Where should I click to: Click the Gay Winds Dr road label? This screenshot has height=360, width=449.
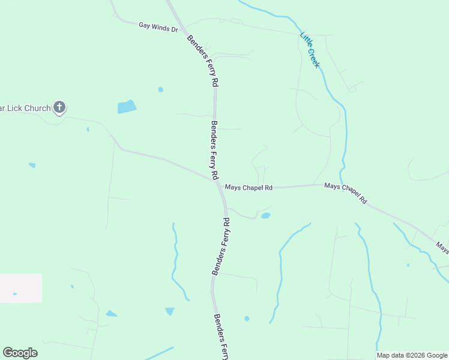tap(158, 26)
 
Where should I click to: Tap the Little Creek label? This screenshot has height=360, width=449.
tap(310, 50)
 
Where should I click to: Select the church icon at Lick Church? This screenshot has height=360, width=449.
tap(59, 107)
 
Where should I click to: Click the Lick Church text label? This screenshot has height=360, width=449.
tap(25, 109)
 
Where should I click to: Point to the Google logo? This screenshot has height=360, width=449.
tap(20, 352)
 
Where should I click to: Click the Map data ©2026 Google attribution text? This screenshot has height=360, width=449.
tap(412, 355)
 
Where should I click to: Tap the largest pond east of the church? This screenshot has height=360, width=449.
tap(127, 107)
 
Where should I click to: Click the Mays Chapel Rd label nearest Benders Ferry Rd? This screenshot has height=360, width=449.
tap(249, 188)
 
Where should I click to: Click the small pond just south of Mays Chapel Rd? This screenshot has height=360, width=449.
tap(265, 215)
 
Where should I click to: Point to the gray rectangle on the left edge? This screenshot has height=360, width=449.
tap(20, 288)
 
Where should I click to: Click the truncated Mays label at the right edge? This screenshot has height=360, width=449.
tap(442, 247)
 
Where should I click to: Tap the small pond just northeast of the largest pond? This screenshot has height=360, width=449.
tap(160, 89)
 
